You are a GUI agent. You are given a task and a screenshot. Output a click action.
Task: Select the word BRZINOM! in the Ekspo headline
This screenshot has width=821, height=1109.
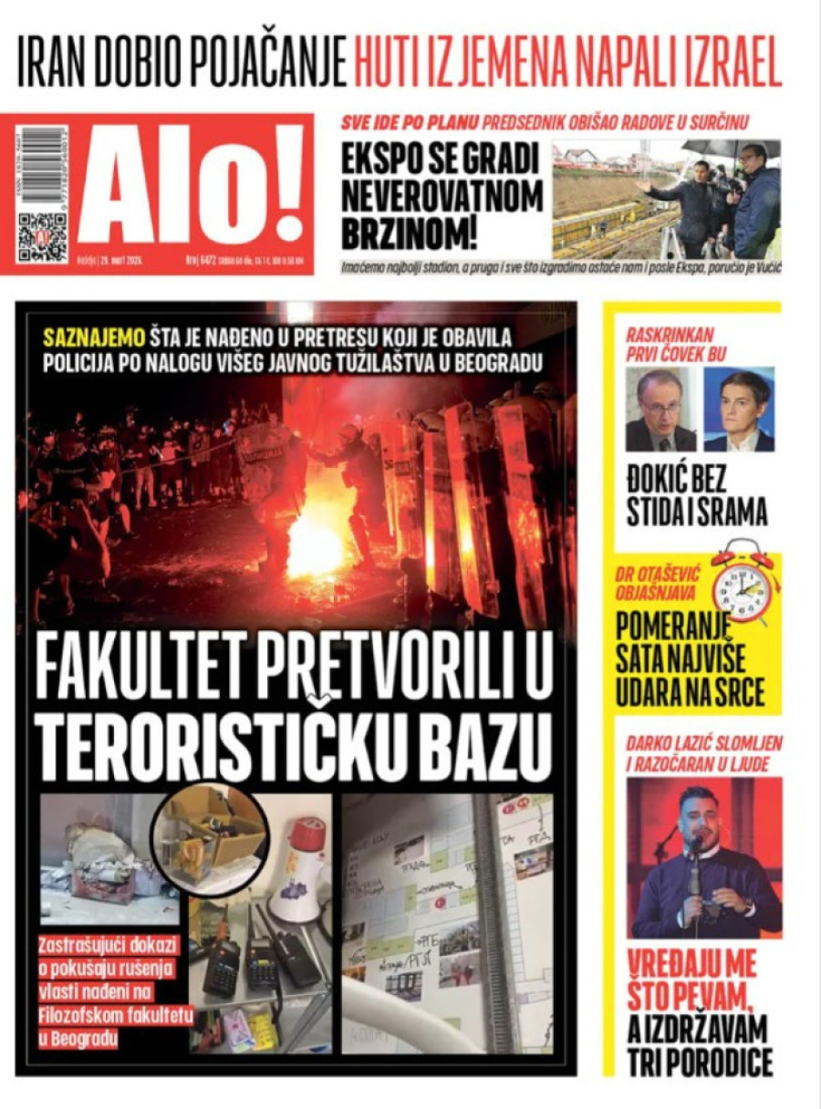(x=410, y=233)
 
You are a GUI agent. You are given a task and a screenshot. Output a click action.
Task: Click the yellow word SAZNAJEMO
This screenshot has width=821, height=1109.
(x=88, y=337)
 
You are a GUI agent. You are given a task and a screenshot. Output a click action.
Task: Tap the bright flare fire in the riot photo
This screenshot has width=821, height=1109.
(x=314, y=547)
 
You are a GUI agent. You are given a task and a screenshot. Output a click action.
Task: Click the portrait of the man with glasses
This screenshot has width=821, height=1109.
(x=660, y=410)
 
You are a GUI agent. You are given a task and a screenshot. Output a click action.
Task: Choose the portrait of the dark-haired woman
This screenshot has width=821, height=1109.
(x=739, y=410)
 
